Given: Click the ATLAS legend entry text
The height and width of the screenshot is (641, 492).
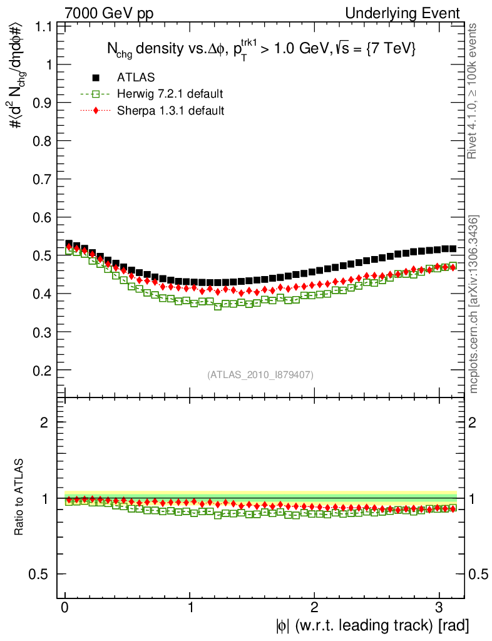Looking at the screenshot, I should point(136,77).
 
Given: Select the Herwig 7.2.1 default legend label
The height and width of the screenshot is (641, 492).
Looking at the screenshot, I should point(170,94).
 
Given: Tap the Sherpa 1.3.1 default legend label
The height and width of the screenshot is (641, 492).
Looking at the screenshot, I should point(171,111).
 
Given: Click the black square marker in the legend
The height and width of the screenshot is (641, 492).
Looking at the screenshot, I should point(96,77).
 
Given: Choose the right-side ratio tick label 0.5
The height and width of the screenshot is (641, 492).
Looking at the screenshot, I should point(478,574).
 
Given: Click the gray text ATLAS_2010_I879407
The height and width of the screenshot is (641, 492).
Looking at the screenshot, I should point(260,375).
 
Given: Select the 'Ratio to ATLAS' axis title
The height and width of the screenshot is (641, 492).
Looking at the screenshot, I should point(19,498).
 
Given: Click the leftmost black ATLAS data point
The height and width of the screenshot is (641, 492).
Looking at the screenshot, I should point(69,244).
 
